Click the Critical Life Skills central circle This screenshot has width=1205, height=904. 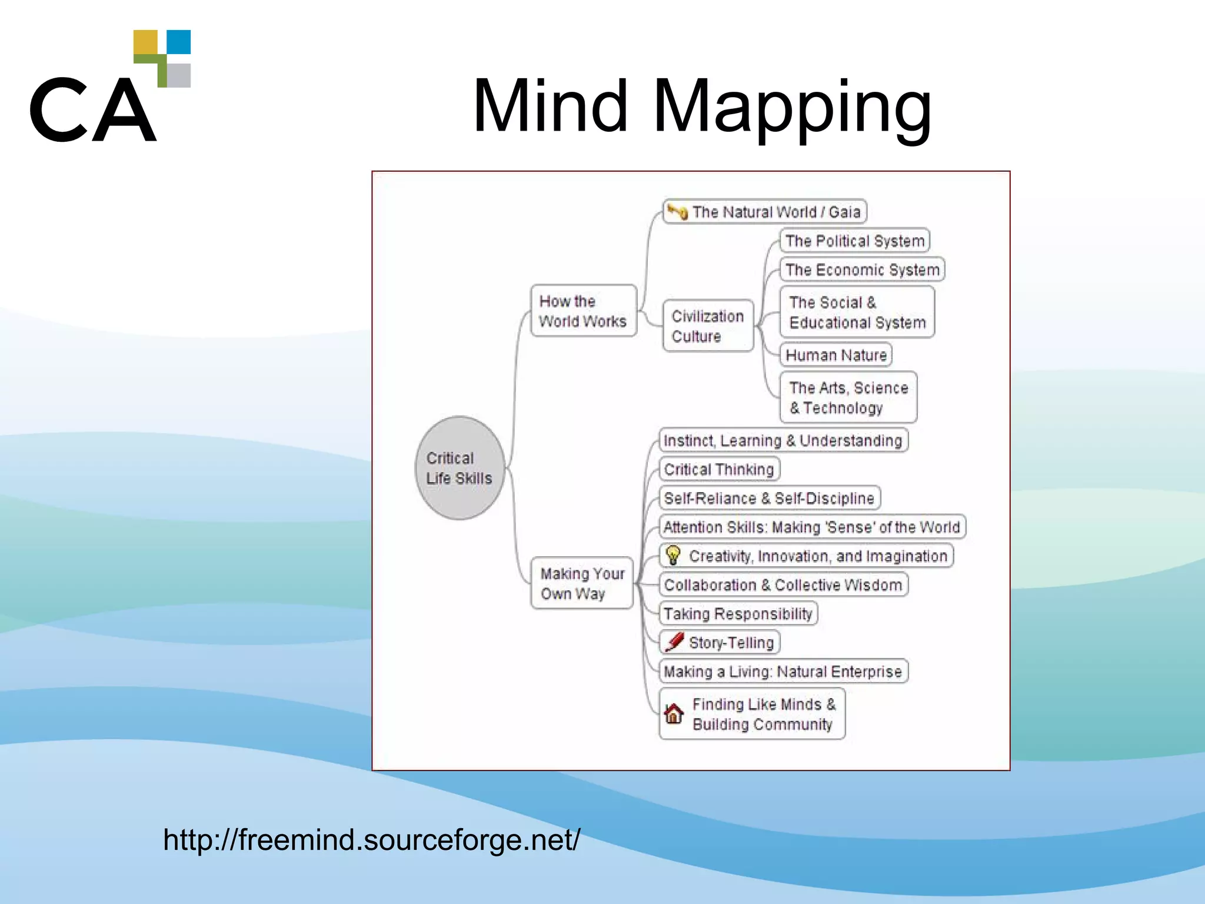460,468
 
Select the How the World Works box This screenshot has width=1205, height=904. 583,311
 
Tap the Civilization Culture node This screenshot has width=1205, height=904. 708,325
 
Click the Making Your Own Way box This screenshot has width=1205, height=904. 582,583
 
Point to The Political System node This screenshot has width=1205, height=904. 854,241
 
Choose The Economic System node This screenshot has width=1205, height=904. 862,270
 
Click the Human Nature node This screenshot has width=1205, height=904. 835,355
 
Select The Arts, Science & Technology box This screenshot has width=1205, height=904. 848,397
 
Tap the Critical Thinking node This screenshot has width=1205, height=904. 719,469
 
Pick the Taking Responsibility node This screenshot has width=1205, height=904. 738,614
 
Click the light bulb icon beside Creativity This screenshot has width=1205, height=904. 673,555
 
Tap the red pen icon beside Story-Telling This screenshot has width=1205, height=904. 674,642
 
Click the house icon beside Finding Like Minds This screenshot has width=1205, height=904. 674,714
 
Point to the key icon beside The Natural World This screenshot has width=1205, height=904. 678,211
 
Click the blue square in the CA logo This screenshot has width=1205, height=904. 179,42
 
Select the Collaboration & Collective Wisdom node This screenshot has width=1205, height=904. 783,585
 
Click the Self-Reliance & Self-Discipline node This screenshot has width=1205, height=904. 769,498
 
